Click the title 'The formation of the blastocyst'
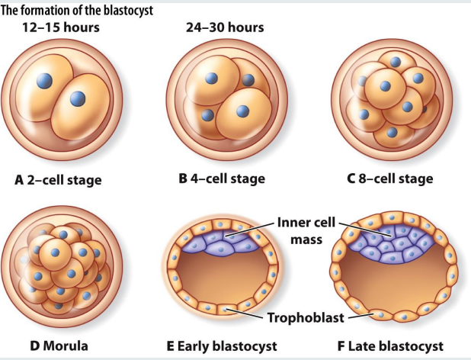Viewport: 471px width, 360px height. point(88,10)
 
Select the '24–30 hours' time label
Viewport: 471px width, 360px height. point(225,28)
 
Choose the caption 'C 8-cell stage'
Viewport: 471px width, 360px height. point(389,179)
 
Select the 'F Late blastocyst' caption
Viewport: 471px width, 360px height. point(389,346)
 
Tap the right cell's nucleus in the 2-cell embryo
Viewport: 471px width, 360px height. point(78,99)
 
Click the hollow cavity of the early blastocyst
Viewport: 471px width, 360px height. point(221,278)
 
